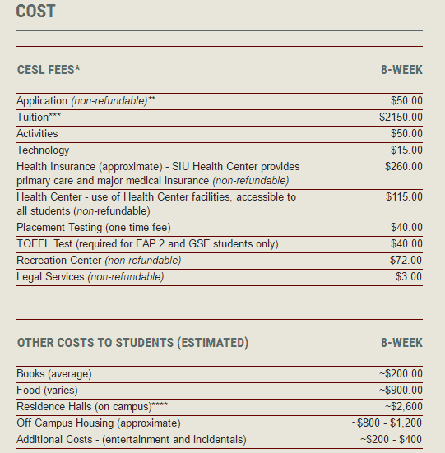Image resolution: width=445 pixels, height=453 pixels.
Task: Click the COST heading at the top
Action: pos(35,12)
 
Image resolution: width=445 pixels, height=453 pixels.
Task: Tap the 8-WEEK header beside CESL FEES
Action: pos(401,70)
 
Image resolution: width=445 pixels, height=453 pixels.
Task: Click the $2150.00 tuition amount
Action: pos(395,118)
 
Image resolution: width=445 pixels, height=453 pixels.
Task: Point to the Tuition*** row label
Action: pos(38,118)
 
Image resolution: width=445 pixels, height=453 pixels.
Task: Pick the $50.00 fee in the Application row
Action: pos(406,101)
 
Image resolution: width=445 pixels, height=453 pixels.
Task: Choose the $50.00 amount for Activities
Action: pos(406,134)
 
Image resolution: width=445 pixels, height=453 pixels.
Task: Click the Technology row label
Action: pos(43,150)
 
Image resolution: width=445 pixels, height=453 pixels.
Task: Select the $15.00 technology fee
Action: pos(406,150)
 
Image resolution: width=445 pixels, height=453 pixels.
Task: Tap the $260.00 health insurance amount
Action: pos(403,167)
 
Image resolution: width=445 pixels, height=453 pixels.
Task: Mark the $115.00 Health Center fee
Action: pos(404,197)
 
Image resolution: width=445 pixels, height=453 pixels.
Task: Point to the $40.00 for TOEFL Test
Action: pos(406,244)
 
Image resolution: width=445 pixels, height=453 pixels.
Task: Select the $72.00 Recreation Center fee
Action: pos(406,261)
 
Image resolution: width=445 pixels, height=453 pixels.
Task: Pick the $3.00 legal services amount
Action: pos(409,277)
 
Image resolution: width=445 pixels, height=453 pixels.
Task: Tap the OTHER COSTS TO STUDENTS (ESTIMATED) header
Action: pos(132,343)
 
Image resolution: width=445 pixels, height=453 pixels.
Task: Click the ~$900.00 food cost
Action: pos(401,391)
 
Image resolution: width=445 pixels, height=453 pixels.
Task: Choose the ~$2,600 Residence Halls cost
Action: pos(403,407)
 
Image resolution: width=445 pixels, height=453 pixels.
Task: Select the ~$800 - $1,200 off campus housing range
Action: pos(387,423)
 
